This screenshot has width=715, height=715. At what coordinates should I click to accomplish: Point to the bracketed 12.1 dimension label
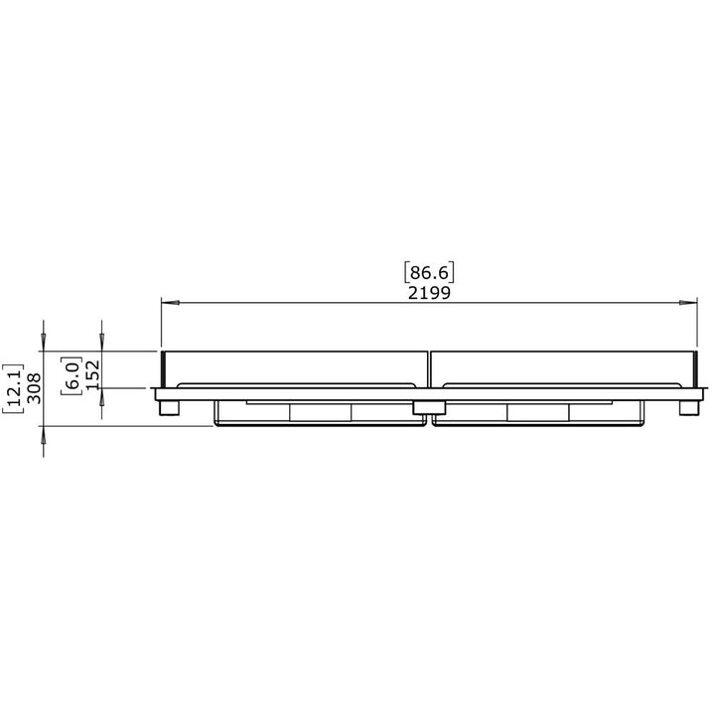(x=12, y=388)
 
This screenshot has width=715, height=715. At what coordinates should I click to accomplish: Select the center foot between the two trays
(x=429, y=407)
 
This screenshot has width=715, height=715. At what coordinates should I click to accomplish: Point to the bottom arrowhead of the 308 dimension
(x=45, y=434)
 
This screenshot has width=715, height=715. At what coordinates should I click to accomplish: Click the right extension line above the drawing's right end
(x=698, y=323)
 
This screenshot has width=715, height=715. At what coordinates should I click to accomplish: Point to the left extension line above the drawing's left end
(x=161, y=323)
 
